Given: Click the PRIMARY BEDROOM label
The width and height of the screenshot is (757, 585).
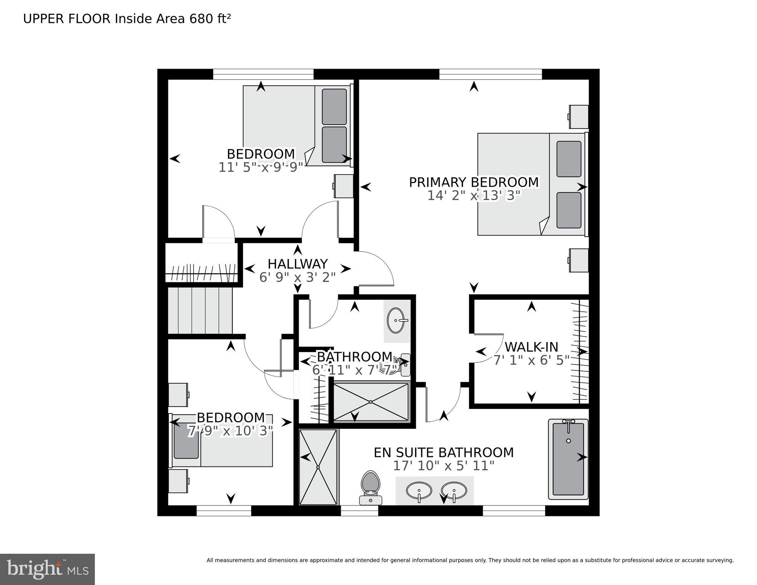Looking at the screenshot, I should (x=474, y=182).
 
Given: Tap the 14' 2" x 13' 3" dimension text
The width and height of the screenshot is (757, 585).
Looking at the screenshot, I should (x=474, y=196).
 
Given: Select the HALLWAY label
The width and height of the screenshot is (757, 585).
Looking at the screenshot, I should (x=297, y=264).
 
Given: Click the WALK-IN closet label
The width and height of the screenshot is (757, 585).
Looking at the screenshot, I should (x=531, y=347).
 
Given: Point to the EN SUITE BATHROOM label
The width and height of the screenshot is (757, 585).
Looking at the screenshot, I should (x=443, y=452).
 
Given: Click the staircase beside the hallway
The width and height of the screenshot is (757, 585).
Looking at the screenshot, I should (x=200, y=311).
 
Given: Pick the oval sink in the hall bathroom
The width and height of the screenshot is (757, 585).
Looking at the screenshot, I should (x=396, y=321).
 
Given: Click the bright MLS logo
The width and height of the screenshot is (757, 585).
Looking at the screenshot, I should (x=47, y=569).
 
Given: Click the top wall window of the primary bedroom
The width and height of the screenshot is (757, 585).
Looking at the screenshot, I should (x=490, y=74).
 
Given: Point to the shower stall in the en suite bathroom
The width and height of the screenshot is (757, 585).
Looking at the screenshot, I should (x=318, y=467).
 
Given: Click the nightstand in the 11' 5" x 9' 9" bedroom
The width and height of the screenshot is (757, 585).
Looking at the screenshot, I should (x=344, y=186).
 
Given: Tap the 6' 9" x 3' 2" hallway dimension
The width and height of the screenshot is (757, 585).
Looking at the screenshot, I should (x=297, y=277).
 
